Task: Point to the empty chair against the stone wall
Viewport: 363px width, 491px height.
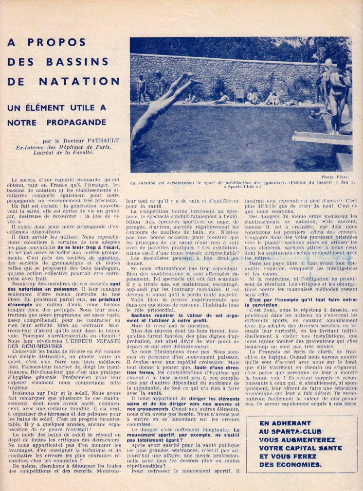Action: coord(239,95)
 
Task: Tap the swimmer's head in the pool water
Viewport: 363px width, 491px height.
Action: coord(311,114)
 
